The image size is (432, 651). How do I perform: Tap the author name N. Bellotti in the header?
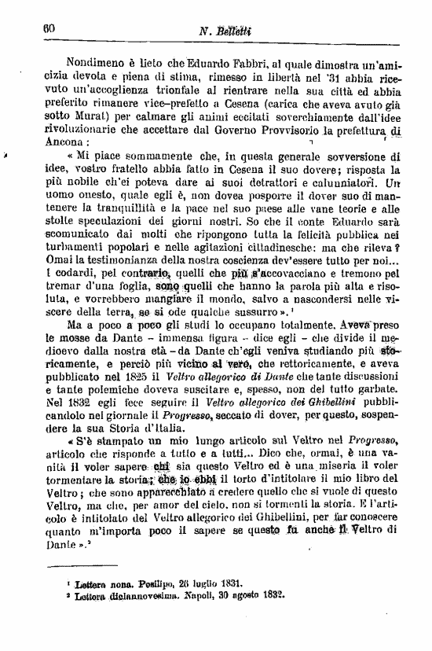[x=223, y=29]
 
